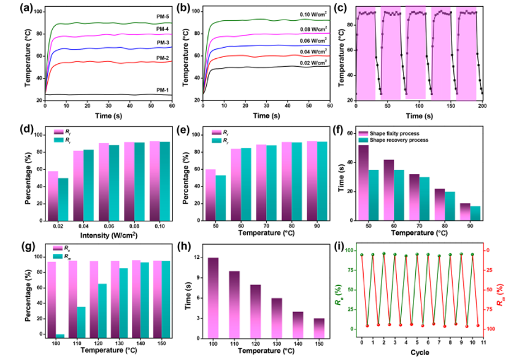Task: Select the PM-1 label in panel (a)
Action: click(163, 90)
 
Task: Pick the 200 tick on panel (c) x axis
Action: click(483, 105)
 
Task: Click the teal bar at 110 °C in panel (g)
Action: click(81, 321)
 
